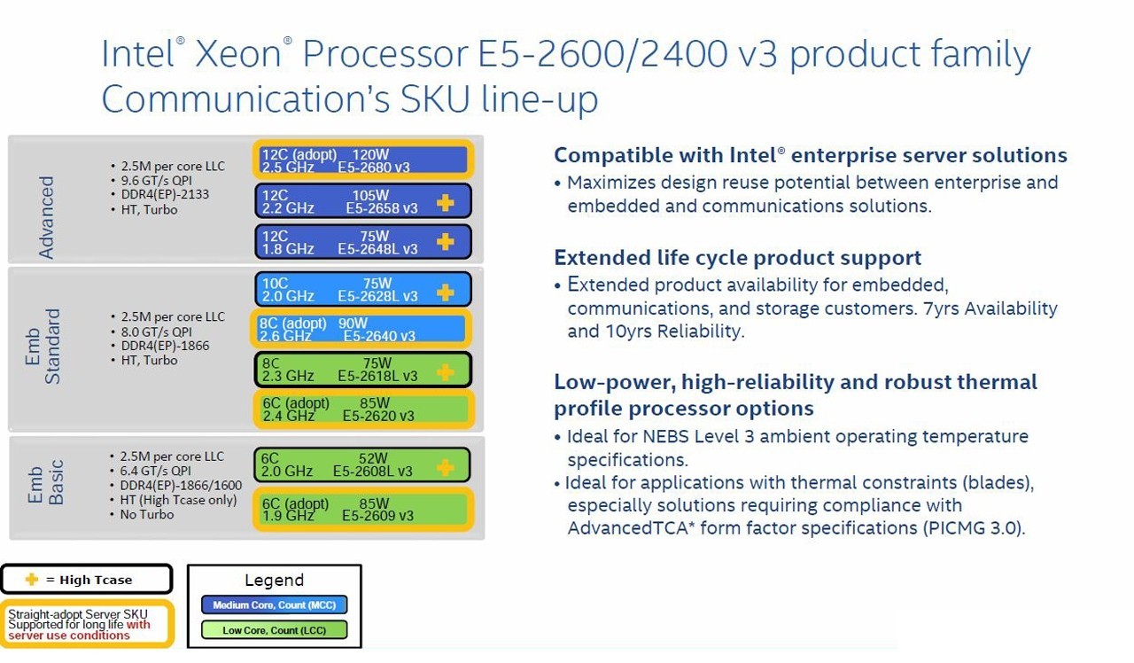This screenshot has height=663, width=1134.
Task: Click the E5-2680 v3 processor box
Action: (363, 160)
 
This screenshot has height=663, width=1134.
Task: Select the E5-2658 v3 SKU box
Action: (363, 201)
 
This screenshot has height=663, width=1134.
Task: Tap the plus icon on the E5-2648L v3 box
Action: (445, 242)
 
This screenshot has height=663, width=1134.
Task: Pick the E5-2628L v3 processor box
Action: (363, 289)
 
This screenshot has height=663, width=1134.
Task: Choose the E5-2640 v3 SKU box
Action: (361, 329)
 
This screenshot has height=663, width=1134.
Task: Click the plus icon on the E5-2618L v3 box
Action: (445, 372)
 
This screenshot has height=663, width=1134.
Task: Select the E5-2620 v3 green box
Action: (363, 409)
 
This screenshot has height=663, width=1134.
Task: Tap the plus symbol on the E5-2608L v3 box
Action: (445, 467)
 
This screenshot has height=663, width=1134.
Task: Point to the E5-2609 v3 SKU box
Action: (363, 509)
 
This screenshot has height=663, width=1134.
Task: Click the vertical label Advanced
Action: (46, 218)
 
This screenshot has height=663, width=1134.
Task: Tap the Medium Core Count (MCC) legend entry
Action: (275, 604)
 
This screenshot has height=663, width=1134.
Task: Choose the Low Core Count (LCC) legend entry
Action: (275, 630)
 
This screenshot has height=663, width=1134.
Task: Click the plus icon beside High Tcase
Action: (32, 579)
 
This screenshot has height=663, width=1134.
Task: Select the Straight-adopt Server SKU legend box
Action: (87, 624)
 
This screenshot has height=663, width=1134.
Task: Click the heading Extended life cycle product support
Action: (738, 258)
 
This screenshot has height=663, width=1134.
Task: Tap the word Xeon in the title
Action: (238, 54)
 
